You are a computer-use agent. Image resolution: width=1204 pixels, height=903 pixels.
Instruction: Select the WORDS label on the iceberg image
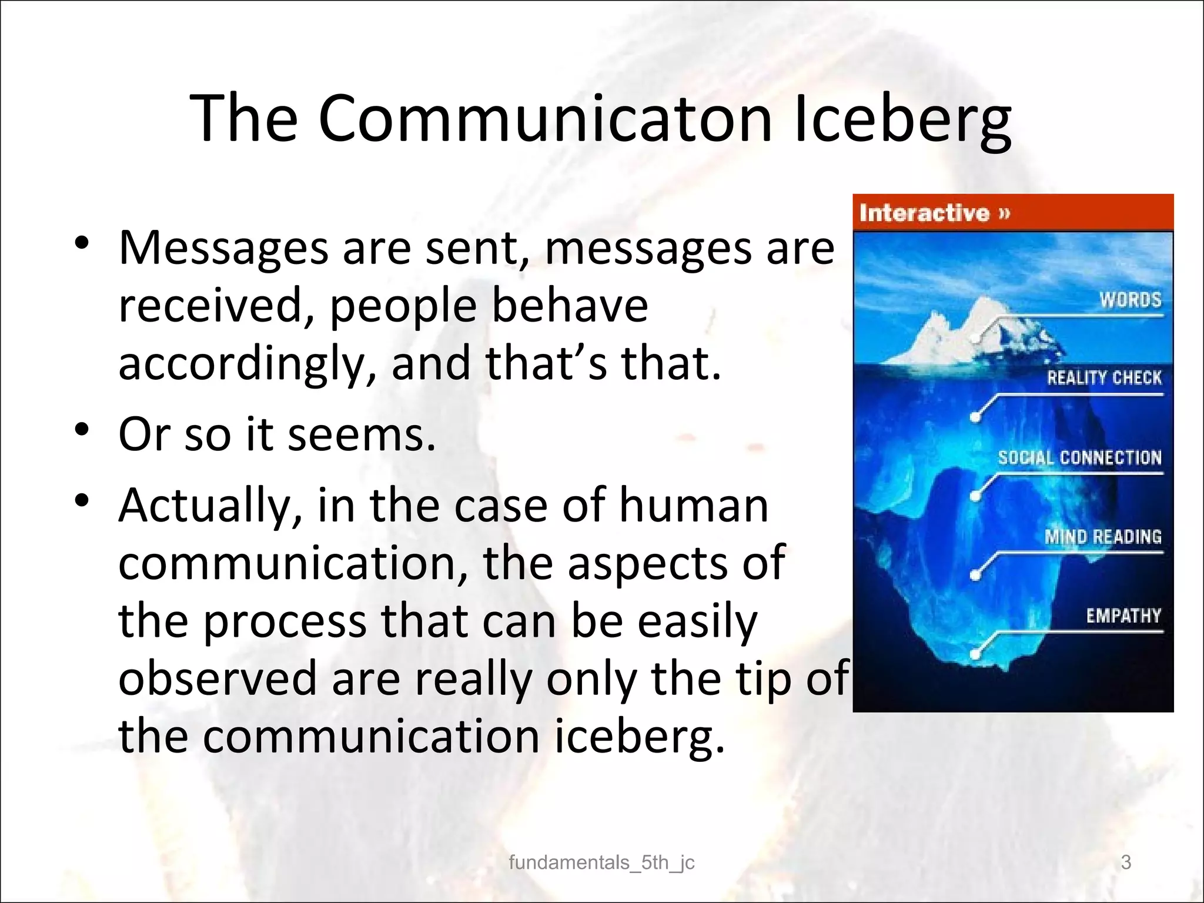click(x=1131, y=300)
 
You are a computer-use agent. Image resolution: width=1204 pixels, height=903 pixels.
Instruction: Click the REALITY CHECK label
click(x=1104, y=378)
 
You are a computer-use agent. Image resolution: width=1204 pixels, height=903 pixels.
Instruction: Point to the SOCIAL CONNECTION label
click(x=1079, y=458)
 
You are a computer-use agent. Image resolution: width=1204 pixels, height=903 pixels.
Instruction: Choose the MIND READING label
click(x=1103, y=537)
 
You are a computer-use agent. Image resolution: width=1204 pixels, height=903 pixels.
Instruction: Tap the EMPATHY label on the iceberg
click(x=1123, y=616)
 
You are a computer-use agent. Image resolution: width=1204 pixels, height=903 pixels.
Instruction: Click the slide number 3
click(x=1126, y=862)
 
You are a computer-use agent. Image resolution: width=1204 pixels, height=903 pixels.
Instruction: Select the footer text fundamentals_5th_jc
click(x=601, y=862)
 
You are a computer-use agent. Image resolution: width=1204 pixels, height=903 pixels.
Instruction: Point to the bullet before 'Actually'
click(x=82, y=499)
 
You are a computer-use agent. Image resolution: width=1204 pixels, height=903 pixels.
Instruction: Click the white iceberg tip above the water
click(x=964, y=329)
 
